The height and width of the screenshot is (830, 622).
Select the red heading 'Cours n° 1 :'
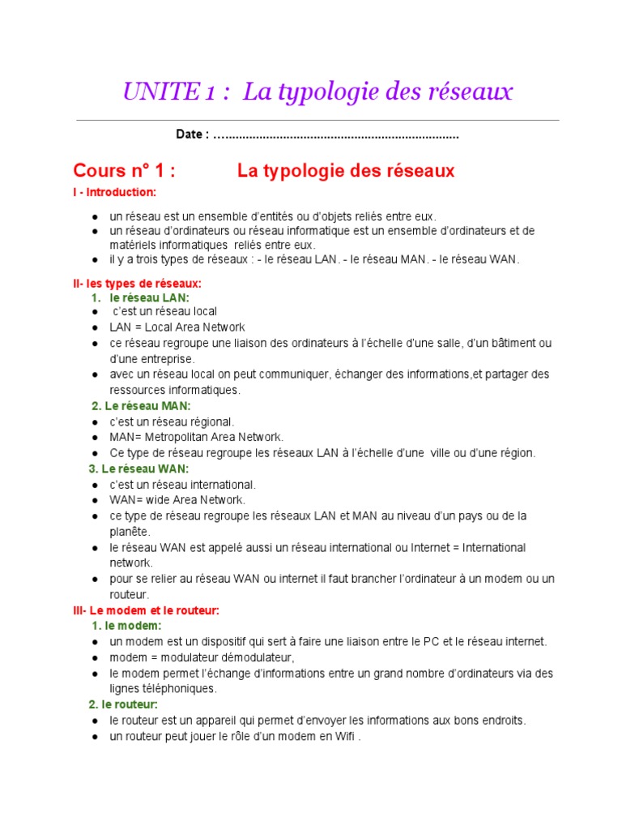point(124,171)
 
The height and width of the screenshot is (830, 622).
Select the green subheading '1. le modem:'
point(127,626)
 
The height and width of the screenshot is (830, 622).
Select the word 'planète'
point(130,532)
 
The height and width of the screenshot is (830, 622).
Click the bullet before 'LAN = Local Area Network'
point(96,328)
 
